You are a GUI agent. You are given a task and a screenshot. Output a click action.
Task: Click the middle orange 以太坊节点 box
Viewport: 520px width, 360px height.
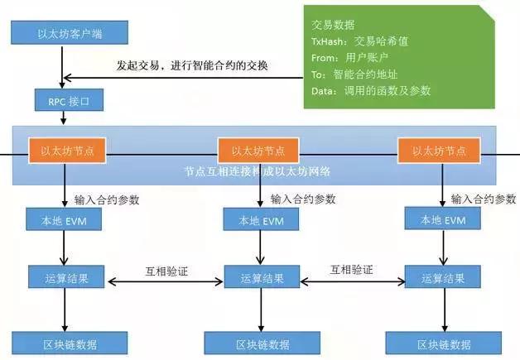[258, 151]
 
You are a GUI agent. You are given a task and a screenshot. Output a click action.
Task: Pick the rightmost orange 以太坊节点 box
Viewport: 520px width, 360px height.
[438, 151]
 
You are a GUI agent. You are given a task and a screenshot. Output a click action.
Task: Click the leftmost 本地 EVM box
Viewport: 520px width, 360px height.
[63, 220]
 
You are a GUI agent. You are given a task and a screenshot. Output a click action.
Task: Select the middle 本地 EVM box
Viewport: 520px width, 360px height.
[258, 220]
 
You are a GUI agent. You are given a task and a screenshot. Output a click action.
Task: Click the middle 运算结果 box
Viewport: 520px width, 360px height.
[259, 278]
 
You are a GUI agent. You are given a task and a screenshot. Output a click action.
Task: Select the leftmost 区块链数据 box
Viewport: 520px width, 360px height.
[64, 343]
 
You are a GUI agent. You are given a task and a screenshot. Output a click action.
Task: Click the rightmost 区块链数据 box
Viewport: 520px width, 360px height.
[439, 343]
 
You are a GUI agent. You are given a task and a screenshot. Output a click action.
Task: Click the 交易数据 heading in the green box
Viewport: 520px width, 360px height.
[328, 25]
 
